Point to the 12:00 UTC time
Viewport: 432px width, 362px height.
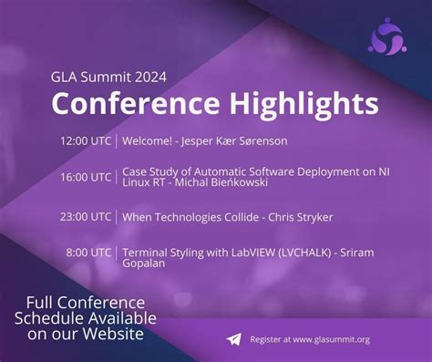click(x=86, y=141)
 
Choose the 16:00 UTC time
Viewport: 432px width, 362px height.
click(x=86, y=177)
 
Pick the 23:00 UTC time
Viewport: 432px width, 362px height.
click(x=86, y=216)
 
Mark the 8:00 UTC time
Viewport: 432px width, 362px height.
click(x=89, y=251)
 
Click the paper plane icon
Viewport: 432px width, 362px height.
click(x=235, y=339)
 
